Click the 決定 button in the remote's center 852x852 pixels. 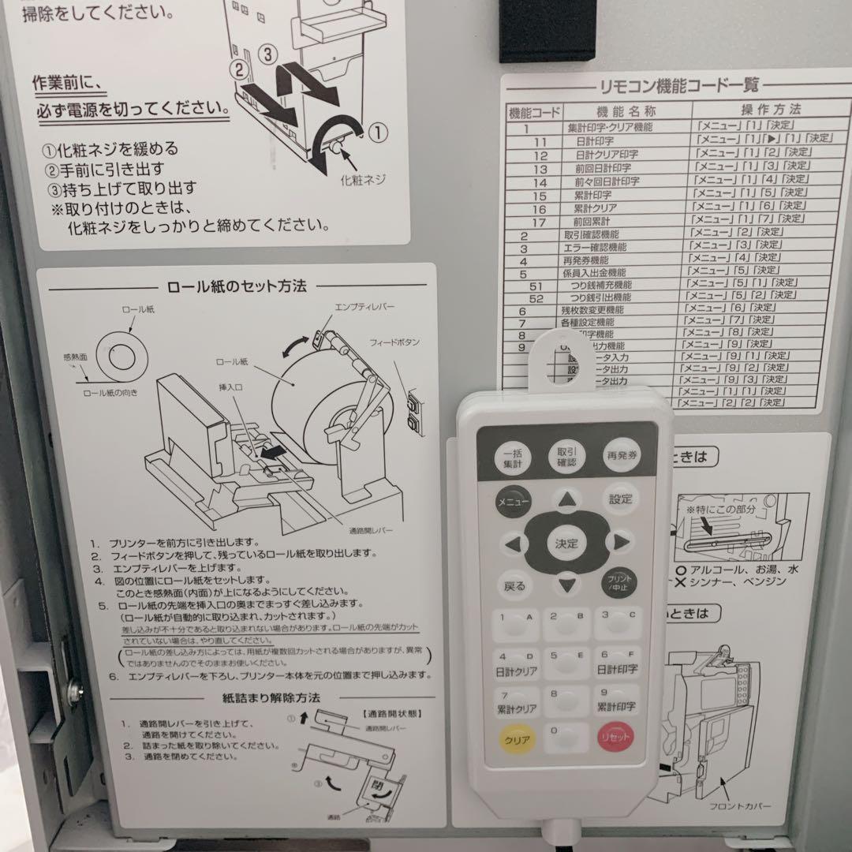tap(566, 544)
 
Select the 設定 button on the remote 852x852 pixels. tap(620, 499)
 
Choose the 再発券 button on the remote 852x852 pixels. tap(622, 456)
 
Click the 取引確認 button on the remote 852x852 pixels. tap(566, 456)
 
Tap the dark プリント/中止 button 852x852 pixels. tap(619, 583)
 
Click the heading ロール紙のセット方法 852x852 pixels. tap(237, 286)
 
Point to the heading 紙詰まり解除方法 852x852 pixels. tap(271, 698)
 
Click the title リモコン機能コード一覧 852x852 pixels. tap(676, 85)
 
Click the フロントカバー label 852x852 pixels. tap(739, 806)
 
